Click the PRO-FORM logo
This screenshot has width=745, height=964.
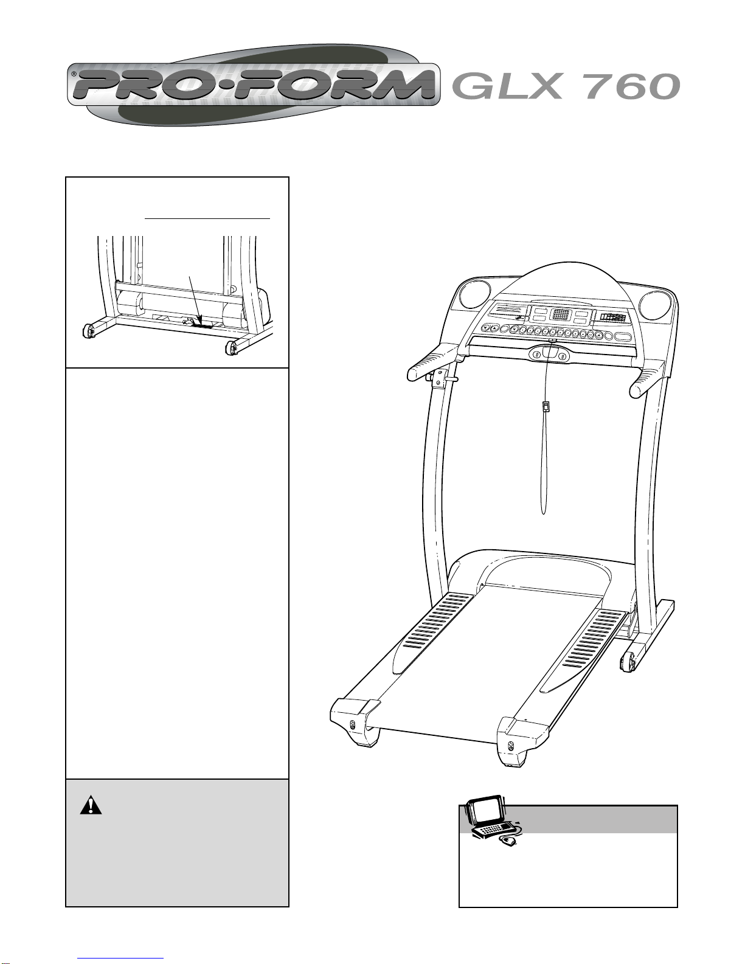tap(254, 85)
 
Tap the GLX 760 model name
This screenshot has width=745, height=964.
tap(566, 86)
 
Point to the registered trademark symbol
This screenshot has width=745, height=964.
tap(74, 75)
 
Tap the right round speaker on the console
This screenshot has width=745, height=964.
tap(655, 303)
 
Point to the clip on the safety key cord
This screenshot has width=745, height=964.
tap(546, 406)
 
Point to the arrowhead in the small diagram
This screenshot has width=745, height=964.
tap(201, 320)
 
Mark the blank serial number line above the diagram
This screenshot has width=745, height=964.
tap(207, 219)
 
